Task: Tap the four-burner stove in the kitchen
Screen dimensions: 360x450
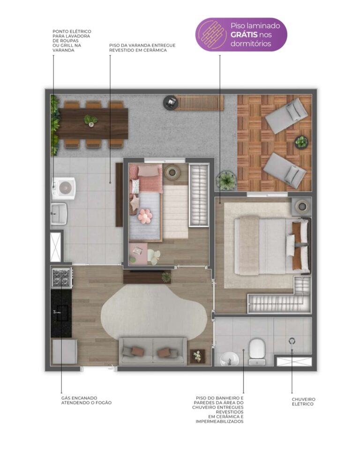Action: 61,277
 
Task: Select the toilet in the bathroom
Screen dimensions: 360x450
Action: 256,352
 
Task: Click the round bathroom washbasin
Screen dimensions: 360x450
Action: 229,359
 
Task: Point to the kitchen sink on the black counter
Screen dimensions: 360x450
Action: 60,312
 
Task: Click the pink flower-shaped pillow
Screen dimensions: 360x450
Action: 145,216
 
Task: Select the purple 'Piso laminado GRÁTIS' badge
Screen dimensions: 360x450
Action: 241,34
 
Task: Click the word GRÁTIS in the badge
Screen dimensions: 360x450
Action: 244,35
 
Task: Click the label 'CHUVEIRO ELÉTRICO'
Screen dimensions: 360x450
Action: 303,402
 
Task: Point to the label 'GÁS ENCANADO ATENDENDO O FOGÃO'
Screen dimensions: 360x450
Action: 86,400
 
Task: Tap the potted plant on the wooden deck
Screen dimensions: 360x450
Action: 301,142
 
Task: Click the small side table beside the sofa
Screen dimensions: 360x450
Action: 197,356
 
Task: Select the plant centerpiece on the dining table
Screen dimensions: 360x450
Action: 90,120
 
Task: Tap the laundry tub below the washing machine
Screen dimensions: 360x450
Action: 59,214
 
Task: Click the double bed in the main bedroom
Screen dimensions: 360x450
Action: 272,246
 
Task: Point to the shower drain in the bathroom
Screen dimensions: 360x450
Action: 292,341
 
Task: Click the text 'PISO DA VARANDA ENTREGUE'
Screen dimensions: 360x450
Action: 142,45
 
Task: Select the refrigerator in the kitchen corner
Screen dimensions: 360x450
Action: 65,352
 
